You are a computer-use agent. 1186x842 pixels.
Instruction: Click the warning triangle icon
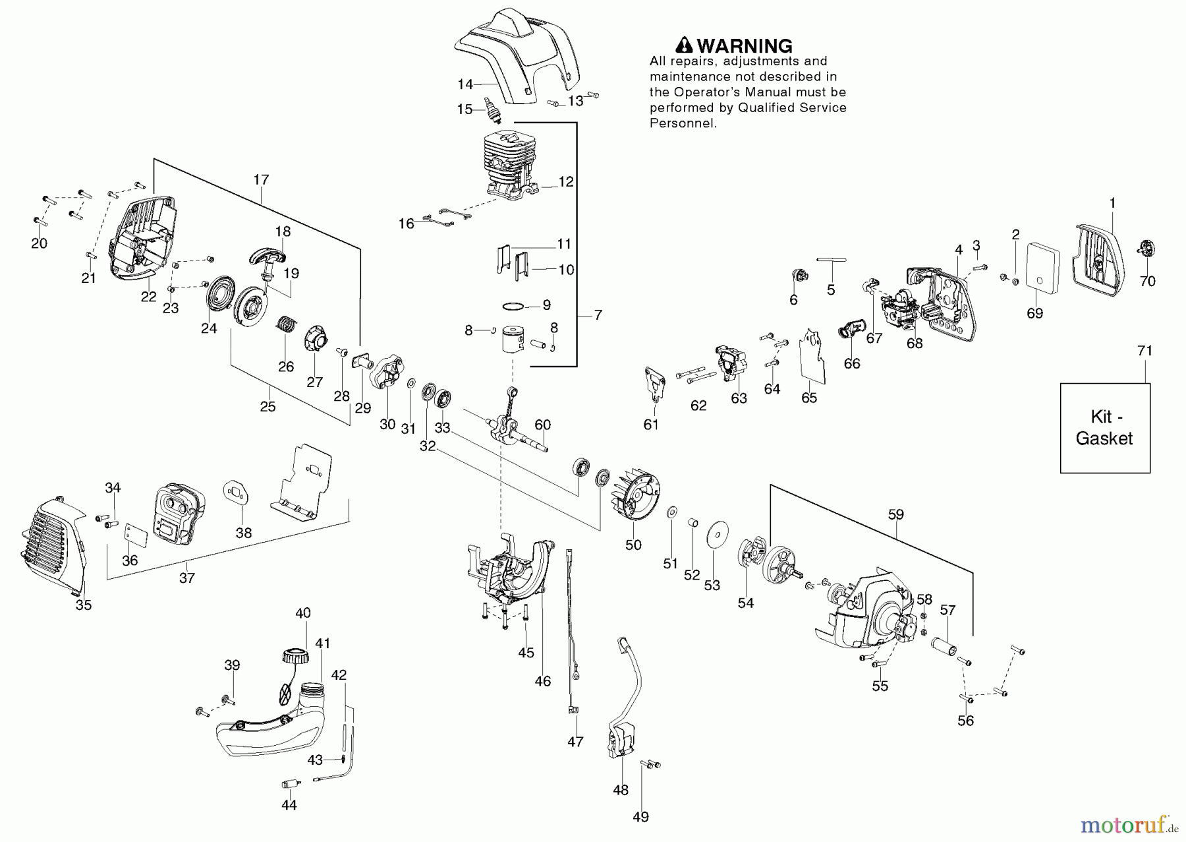pos(685,45)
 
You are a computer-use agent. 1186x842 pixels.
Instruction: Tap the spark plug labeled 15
pos(492,109)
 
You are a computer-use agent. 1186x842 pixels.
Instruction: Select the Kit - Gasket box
pos(1105,428)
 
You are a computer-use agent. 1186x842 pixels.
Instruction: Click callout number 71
pos(1145,351)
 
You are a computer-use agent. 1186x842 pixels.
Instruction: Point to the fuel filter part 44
pos(289,785)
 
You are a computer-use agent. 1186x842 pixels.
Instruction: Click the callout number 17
pos(261,179)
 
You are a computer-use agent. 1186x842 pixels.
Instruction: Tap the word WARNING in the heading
pos(745,45)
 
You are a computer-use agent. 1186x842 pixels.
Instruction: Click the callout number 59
pos(895,514)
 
